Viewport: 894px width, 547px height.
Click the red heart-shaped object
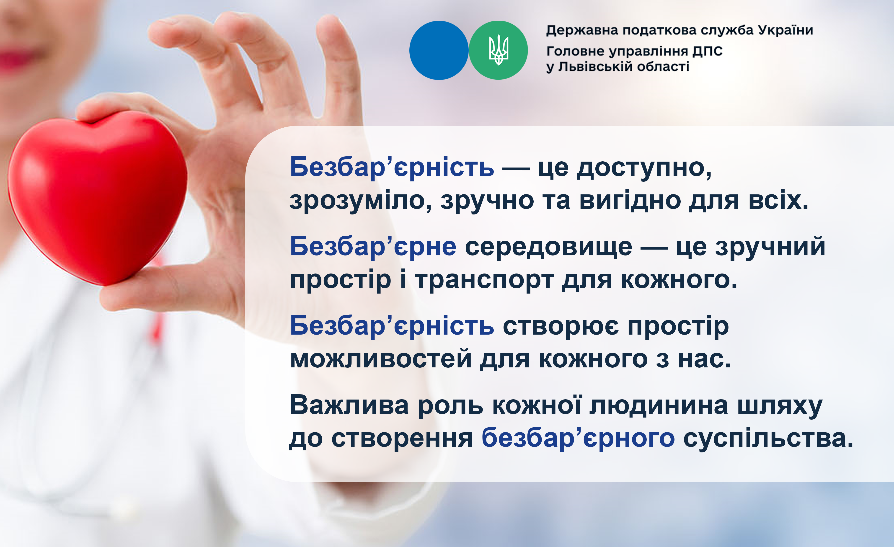[97, 198]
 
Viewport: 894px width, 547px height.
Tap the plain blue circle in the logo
[439, 50]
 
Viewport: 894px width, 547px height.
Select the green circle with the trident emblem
[498, 50]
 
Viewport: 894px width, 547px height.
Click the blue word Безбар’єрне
[373, 247]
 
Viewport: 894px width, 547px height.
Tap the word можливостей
[381, 359]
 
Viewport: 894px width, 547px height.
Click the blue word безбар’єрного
[578, 438]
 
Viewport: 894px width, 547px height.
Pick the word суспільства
[768, 438]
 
